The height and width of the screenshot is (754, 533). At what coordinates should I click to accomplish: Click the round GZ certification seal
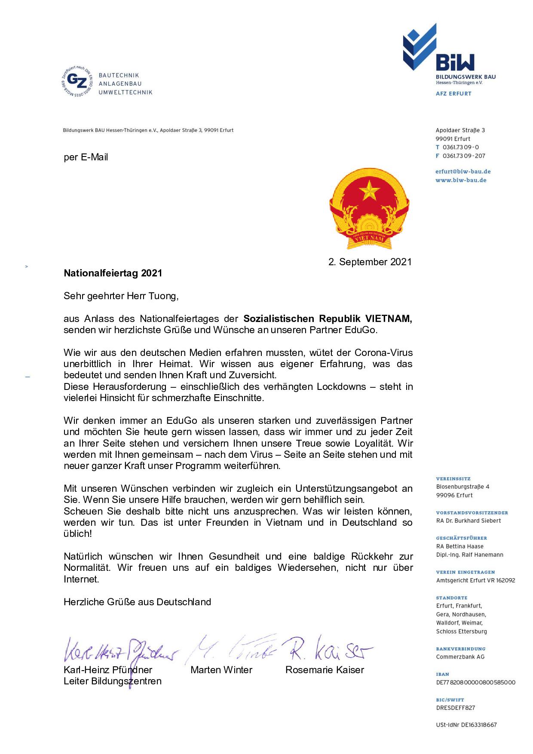point(77,81)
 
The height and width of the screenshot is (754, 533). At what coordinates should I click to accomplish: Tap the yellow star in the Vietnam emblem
point(368,190)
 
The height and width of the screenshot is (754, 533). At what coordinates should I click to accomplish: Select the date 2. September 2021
point(370,262)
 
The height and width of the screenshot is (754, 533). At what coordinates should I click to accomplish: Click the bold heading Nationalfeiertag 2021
point(113,273)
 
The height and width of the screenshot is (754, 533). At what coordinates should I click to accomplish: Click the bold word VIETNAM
point(388,319)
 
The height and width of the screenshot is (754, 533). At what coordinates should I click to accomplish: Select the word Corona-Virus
point(383,353)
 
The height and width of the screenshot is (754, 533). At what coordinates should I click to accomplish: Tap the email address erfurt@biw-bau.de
point(463,172)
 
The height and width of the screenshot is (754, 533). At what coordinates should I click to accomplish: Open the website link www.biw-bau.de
point(461,180)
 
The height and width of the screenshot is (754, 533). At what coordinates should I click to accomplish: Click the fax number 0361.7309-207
point(464,156)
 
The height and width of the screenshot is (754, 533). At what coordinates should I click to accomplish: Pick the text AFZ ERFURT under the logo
point(453,93)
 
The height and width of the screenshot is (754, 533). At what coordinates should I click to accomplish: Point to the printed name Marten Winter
point(221,670)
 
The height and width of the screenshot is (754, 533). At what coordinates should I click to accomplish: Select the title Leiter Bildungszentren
point(113,681)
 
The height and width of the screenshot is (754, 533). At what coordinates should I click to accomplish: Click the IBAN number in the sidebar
point(475,682)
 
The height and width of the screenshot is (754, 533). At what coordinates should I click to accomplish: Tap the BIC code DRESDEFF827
point(456,708)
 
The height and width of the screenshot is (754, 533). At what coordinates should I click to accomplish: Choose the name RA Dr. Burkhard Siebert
point(469,521)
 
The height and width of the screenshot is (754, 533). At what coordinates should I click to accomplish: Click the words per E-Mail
point(86,157)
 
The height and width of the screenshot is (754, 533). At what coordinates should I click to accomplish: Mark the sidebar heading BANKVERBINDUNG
point(460,649)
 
